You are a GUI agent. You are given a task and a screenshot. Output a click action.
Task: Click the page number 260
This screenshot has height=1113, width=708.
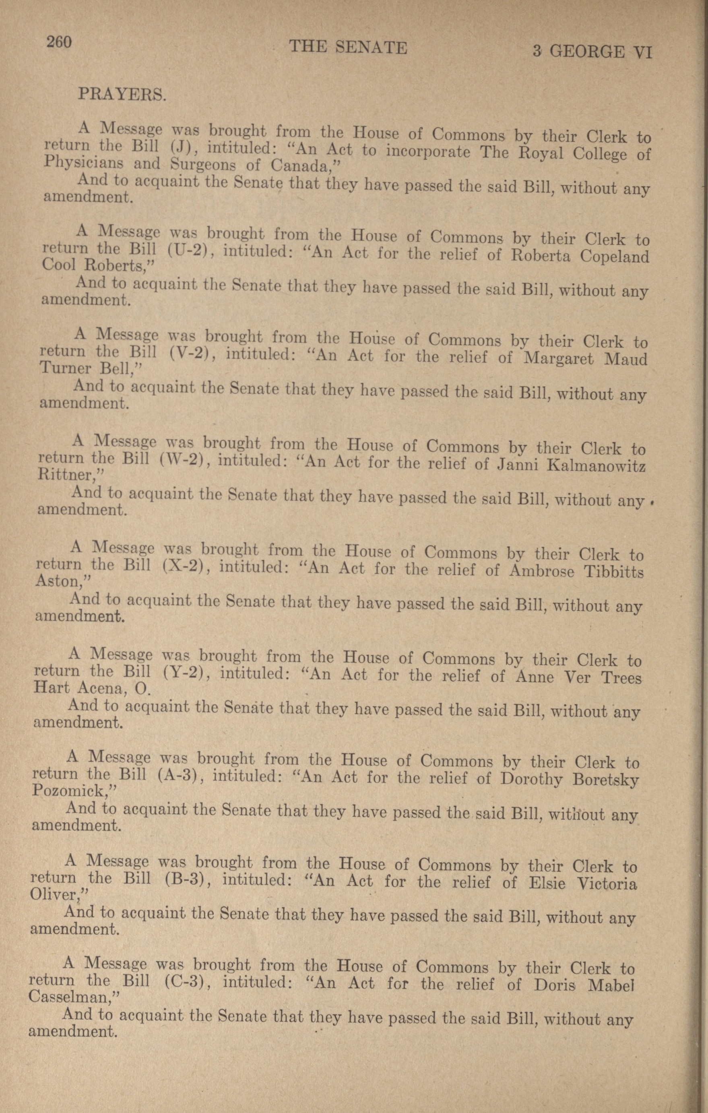59,42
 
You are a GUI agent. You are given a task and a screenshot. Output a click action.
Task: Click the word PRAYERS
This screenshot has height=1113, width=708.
122,94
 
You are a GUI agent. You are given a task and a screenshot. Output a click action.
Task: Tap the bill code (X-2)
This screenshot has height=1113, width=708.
184,566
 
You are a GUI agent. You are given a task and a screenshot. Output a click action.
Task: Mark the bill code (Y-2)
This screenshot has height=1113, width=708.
184,672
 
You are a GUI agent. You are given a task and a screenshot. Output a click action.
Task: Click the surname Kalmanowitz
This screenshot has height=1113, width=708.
596,466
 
